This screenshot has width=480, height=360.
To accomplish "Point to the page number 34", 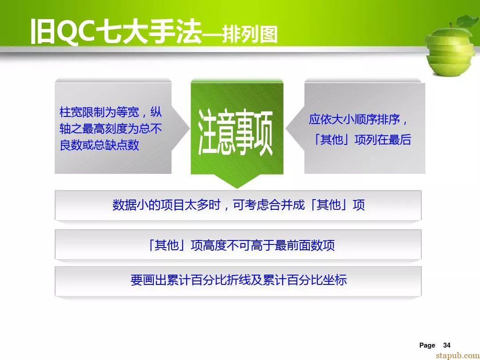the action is (x=447, y=345).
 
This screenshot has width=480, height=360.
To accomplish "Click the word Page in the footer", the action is (x=427, y=346).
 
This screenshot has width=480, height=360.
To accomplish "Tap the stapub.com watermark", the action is (x=458, y=356).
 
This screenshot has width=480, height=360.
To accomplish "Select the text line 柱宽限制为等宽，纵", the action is (x=111, y=112).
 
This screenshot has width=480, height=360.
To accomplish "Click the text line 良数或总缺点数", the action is (x=100, y=145).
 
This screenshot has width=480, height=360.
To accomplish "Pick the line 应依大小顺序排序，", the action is (x=358, y=120).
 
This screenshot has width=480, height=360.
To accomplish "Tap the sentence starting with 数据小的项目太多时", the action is (x=239, y=205).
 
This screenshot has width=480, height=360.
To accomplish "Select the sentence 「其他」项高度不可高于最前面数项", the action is (x=241, y=245).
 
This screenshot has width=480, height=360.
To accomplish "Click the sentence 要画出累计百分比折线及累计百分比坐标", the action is (x=239, y=280).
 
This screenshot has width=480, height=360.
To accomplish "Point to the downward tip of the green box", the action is (x=237, y=188).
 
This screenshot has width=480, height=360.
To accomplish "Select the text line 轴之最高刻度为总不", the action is (x=111, y=128).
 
